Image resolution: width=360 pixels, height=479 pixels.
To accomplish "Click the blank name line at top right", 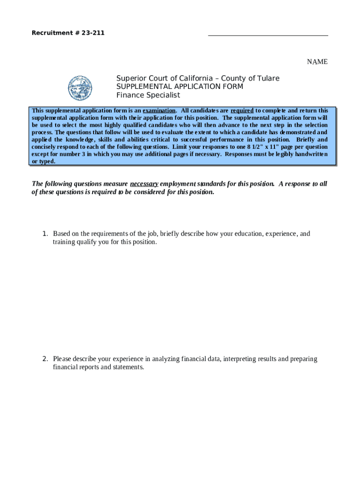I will pos(268,35).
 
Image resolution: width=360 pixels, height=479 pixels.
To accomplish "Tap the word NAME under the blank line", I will pos(317,62).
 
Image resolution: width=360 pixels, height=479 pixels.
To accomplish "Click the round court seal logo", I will pos(80,88).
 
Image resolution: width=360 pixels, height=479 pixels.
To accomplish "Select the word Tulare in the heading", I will pos(267,78).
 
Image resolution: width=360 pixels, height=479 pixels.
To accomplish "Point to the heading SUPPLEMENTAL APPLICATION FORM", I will pos(180,87).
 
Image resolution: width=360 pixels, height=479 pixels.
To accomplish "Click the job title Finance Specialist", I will pos(148,95).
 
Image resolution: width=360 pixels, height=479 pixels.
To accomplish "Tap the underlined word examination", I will pos(159,110).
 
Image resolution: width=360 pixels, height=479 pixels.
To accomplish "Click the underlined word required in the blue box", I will pos(242,110).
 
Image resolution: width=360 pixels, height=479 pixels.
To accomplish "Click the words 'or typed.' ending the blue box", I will pos(43,161).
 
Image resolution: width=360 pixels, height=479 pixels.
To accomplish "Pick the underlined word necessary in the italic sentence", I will pos(144,184).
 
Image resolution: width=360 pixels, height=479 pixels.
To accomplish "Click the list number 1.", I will pos(45,234).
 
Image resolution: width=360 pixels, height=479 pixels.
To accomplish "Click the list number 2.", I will pos(45,359).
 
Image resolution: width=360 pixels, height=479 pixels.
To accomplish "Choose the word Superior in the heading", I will pos(130,78).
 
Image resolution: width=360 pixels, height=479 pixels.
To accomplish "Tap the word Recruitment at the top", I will pos(50,33).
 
